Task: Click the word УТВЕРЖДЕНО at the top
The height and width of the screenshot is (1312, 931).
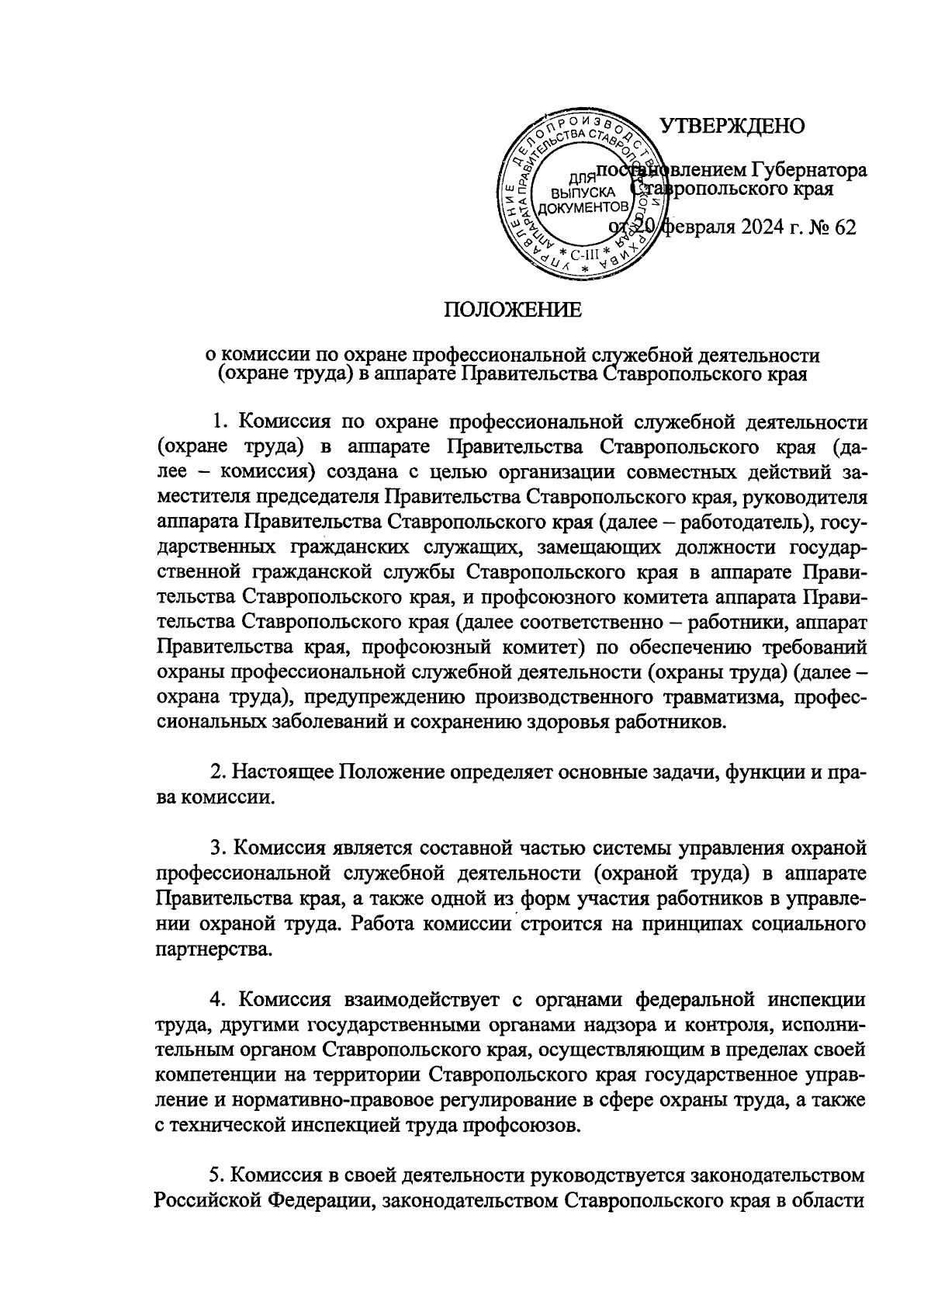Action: pyautogui.click(x=732, y=127)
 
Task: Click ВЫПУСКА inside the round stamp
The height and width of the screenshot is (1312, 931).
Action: pyautogui.click(x=583, y=193)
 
